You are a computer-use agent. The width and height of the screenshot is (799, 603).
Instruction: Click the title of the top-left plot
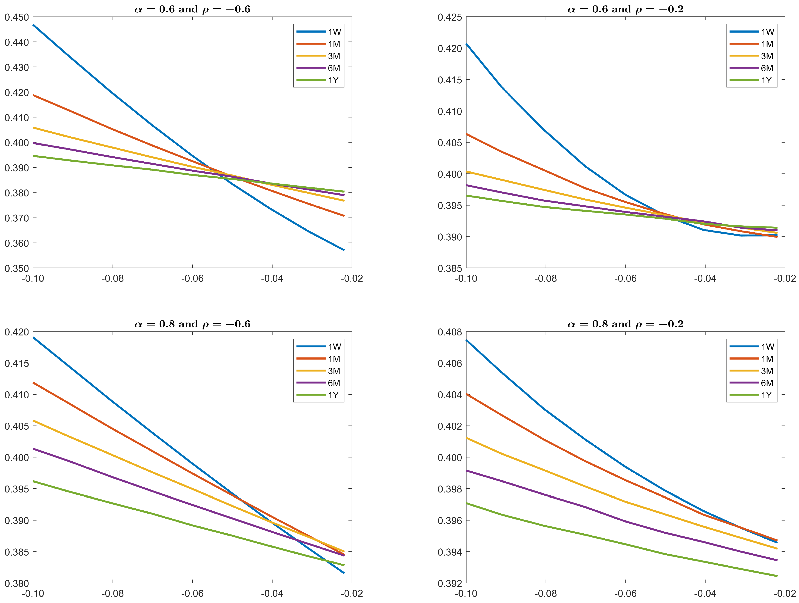tap(192, 9)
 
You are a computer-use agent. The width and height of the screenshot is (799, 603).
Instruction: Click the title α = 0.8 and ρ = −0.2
tap(625, 324)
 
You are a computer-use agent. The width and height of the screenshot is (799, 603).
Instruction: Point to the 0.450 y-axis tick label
tap(16, 17)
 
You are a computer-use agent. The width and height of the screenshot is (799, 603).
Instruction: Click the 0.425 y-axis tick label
tap(450, 17)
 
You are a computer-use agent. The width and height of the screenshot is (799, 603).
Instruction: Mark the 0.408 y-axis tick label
tap(450, 332)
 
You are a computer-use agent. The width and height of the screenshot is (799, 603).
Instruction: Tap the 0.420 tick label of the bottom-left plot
tap(16, 332)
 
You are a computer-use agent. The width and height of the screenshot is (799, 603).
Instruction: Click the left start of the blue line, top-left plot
tap(34, 25)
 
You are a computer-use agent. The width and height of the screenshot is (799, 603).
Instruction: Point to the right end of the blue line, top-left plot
tap(344, 250)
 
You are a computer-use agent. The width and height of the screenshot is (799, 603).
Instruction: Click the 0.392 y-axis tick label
tap(450, 583)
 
